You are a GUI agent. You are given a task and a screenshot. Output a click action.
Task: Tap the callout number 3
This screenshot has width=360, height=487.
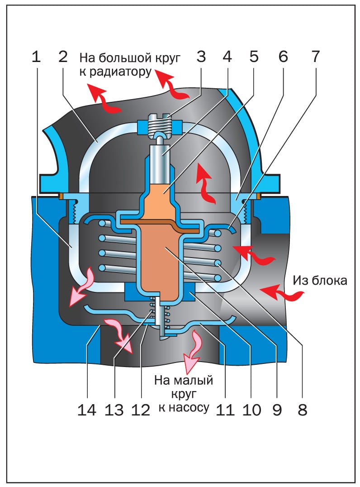coord(201,57)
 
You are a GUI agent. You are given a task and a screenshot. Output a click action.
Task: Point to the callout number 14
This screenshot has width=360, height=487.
coord(86,410)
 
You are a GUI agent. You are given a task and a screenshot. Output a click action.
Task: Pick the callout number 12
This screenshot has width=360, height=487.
coord(140,410)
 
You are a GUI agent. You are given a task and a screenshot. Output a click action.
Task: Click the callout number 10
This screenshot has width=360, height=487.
coord(252,410)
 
